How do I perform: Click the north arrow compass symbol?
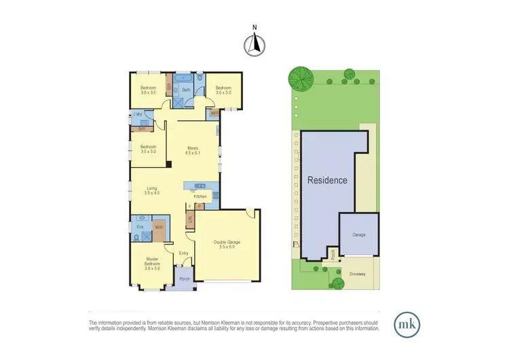tap(254, 43)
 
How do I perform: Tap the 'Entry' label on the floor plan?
tap(183, 253)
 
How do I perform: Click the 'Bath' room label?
tap(186, 89)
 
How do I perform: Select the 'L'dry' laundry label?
tap(138, 114)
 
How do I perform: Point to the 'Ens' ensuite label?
tap(139, 226)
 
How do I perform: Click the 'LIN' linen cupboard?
tap(190, 219)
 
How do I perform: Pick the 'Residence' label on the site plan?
tap(327, 181)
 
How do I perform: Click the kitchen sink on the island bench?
tap(200, 185)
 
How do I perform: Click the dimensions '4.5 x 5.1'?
tap(194, 153)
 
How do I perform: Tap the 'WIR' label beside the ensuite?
tap(158, 226)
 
